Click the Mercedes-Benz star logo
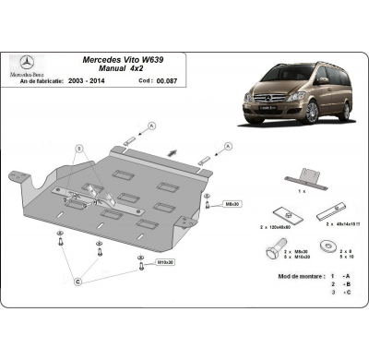click(26, 64)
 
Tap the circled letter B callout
click(80, 149)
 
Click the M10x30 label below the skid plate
click(165, 261)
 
